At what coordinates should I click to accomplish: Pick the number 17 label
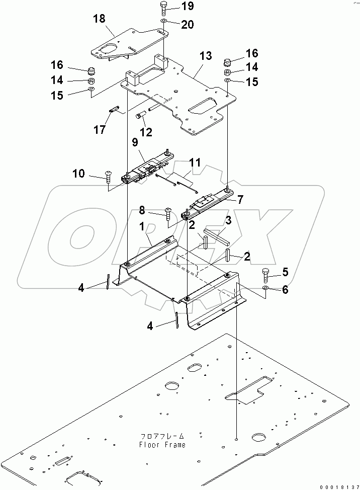coord(99,130)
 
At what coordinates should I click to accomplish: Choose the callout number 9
coord(134,143)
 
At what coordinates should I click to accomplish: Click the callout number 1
coord(143,227)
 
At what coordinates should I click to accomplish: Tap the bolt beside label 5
coord(266,275)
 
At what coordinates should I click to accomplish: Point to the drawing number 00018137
coord(338,485)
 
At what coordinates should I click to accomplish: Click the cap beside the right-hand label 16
coord(227,62)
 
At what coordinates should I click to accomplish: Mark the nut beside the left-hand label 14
coord(92,81)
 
